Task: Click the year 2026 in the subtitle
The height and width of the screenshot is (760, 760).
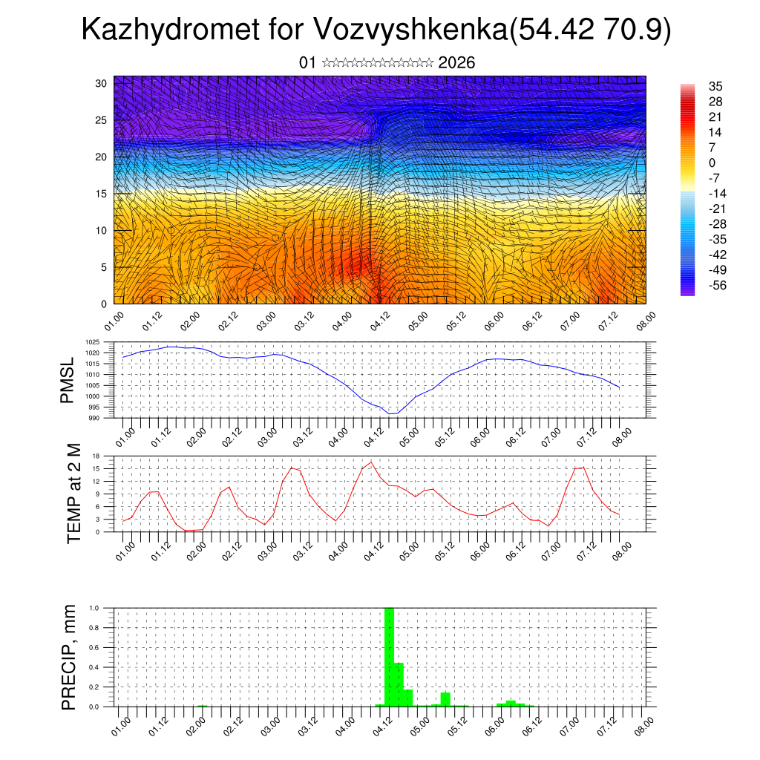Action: coord(456,62)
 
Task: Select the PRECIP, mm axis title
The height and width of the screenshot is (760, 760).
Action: coord(69,655)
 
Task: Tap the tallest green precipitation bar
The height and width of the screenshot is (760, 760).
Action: coord(389,657)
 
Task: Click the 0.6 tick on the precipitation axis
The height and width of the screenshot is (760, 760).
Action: coord(94,647)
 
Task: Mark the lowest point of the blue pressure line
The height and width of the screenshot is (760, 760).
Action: coord(390,413)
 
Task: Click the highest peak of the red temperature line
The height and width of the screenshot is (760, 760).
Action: coord(371,462)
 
